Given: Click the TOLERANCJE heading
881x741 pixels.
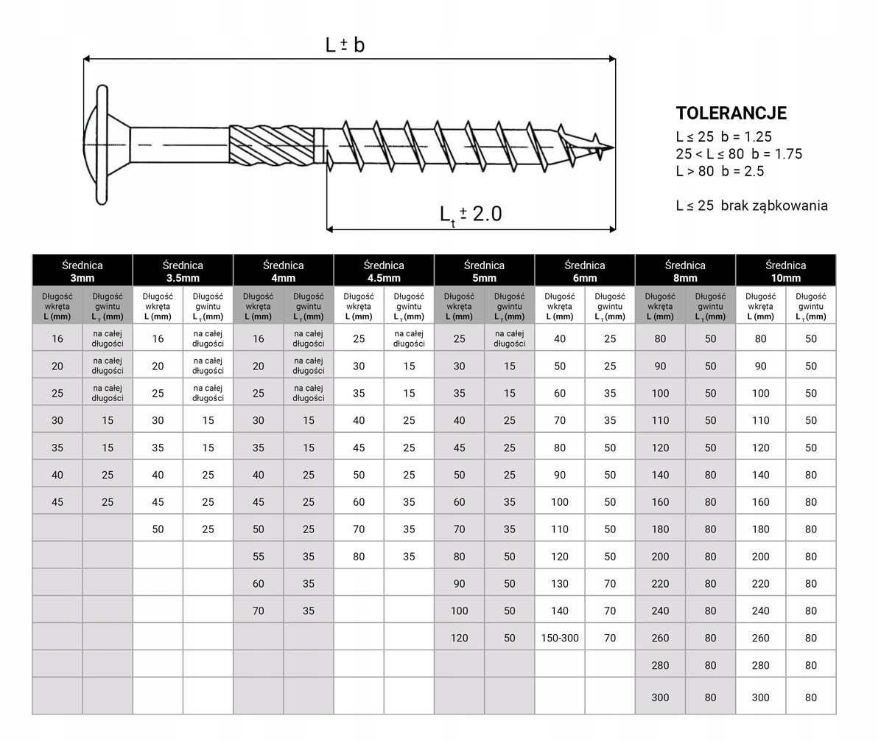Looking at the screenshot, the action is coord(731,114).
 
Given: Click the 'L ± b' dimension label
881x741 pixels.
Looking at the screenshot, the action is coord(345,45).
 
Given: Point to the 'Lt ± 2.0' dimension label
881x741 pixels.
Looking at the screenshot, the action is coord(471,215).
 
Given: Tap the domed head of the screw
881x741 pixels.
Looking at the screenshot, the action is coord(96,145).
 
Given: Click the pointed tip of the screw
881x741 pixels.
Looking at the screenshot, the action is coord(614,148).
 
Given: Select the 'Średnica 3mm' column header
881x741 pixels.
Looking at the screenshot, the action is coord(83,271).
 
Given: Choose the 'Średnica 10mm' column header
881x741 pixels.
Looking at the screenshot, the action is coord(785,271).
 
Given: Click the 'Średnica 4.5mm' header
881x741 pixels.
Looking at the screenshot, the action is coord(384,271).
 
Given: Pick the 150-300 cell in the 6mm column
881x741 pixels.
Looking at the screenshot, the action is coord(560,638).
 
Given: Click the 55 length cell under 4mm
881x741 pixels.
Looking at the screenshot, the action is coord(259,557).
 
